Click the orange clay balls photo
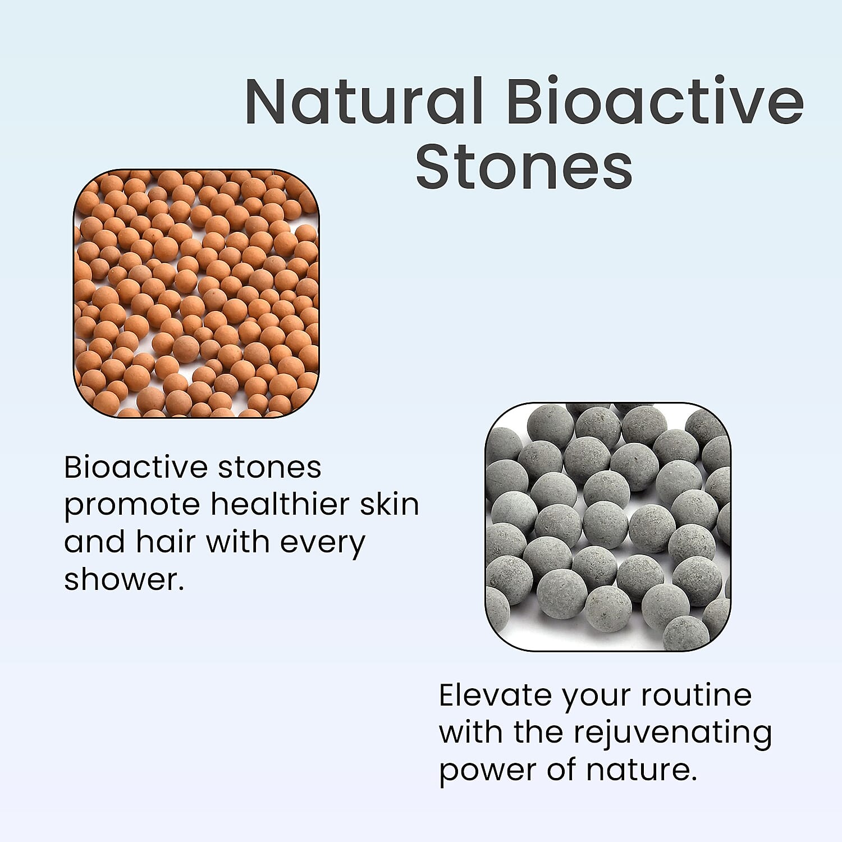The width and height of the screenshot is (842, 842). [196, 293]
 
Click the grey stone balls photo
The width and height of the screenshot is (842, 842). [608, 527]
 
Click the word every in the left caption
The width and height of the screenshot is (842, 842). [322, 543]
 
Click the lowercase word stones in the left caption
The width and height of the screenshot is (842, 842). [269, 468]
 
